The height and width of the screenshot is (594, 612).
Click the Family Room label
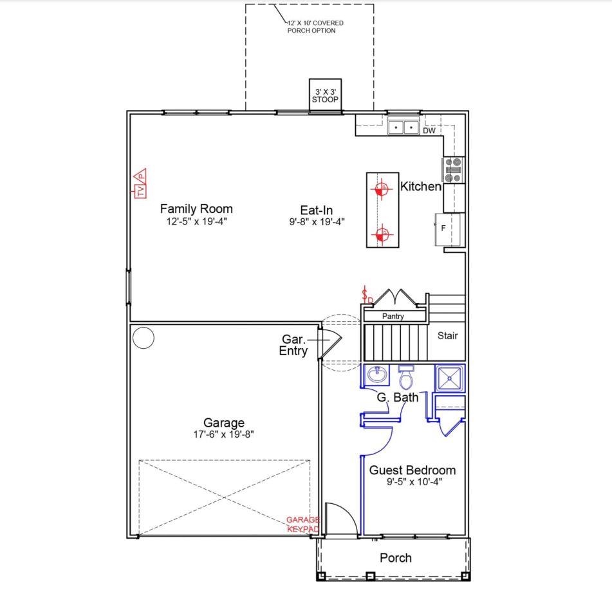click(x=196, y=209)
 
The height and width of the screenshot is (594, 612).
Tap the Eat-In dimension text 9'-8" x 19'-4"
click(x=317, y=222)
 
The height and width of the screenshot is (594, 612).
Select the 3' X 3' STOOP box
click(x=325, y=96)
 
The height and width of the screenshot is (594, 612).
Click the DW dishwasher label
click(x=429, y=131)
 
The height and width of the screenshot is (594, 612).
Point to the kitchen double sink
click(x=403, y=127)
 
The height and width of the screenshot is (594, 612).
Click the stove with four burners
click(x=453, y=170)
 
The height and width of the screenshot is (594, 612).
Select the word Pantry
click(x=393, y=317)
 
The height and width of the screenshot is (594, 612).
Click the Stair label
click(x=447, y=336)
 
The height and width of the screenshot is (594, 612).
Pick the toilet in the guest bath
click(x=406, y=377)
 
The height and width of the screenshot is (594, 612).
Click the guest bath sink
click(x=376, y=375)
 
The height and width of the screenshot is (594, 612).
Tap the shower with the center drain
click(x=450, y=378)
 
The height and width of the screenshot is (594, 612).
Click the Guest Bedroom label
click(x=412, y=470)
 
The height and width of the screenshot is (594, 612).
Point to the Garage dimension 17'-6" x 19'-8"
click(x=224, y=434)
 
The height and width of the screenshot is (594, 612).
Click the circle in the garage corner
click(x=144, y=338)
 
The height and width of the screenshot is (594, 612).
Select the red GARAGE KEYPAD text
click(x=303, y=524)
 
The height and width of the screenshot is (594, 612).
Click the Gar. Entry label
click(x=293, y=345)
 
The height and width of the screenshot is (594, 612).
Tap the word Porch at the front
click(x=396, y=558)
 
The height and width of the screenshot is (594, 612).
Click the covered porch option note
click(x=315, y=27)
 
